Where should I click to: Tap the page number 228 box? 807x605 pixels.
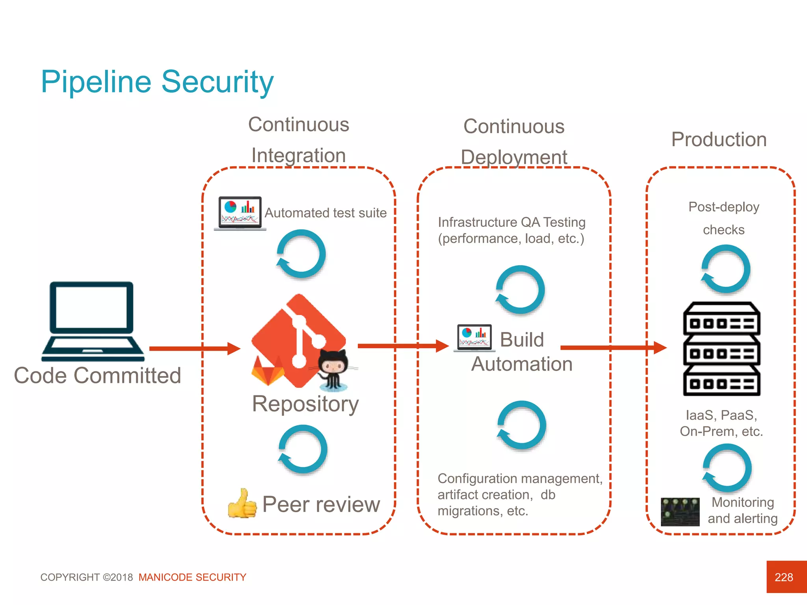pyautogui.click(x=786, y=577)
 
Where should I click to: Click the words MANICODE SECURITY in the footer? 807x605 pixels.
pyautogui.click(x=192, y=577)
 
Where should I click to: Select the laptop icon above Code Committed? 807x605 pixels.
pyautogui.click(x=92, y=321)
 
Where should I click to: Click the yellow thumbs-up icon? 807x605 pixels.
pyautogui.click(x=242, y=504)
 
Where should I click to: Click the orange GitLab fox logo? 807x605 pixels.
pyautogui.click(x=268, y=371)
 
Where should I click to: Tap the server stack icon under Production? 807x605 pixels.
pyautogui.click(x=721, y=349)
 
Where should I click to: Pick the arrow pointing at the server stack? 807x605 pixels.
pyautogui.click(x=613, y=347)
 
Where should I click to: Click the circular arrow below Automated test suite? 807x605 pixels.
pyautogui.click(x=301, y=254)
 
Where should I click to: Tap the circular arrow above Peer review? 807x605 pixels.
pyautogui.click(x=303, y=449)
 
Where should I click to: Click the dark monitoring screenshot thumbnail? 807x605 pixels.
pyautogui.click(x=680, y=512)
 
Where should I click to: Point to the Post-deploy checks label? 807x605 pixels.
pyautogui.click(x=723, y=218)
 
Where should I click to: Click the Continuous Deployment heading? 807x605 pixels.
pyautogui.click(x=514, y=141)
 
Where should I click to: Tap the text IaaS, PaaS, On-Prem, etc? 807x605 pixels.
pyautogui.click(x=721, y=423)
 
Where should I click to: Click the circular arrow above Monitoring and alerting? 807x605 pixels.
pyautogui.click(x=727, y=468)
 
